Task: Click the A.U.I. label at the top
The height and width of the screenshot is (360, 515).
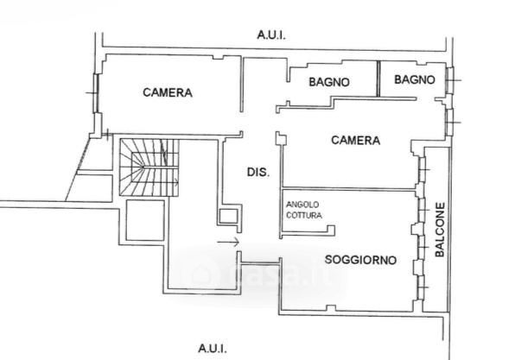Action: [x=271, y=35]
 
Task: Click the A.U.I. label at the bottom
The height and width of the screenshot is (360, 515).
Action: [x=213, y=348]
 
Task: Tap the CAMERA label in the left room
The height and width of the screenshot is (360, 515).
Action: [x=168, y=92]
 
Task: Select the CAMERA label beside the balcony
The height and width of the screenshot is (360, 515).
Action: [x=356, y=141]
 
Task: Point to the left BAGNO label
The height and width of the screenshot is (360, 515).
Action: [x=329, y=82]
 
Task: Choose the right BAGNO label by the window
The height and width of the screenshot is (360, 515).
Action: [x=415, y=79]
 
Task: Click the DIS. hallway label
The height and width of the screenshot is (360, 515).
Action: [x=258, y=173]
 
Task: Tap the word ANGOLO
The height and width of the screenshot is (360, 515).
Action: [x=302, y=205]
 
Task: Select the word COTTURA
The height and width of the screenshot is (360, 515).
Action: [x=304, y=215]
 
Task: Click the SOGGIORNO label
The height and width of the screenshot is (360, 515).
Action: [x=360, y=260]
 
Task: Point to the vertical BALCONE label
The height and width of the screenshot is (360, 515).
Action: [x=440, y=230]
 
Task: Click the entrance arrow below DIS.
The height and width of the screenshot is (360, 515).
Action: [x=228, y=243]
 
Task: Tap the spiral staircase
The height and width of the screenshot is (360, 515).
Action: [x=149, y=167]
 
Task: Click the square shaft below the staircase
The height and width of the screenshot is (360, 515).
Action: [x=145, y=220]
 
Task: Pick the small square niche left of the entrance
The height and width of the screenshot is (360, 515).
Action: [x=228, y=217]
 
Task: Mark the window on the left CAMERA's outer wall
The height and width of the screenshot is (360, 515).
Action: [x=96, y=93]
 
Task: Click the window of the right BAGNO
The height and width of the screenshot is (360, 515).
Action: [x=450, y=80]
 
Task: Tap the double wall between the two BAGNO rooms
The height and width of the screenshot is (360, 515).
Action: [x=378, y=79]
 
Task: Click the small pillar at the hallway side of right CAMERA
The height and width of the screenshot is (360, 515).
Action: [x=281, y=138]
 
